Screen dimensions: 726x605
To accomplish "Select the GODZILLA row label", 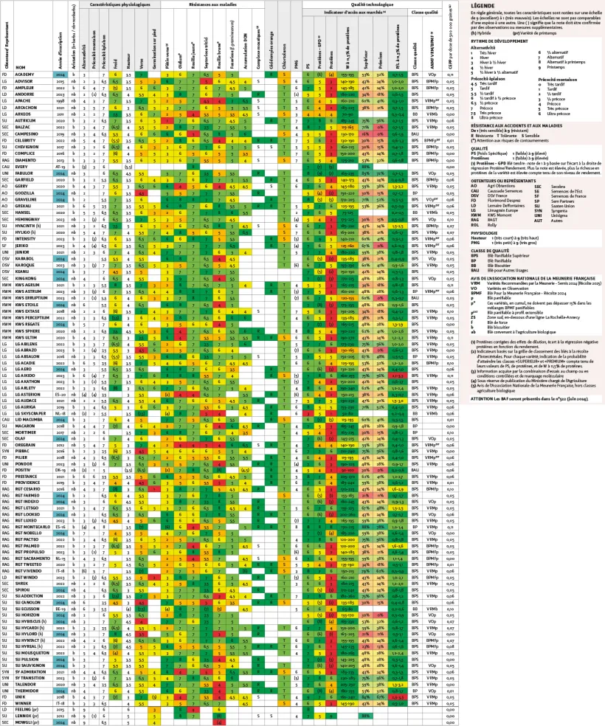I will tap(26, 193).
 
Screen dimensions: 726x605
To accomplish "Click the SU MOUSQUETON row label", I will tap(33, 651).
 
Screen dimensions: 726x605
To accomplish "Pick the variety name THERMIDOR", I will tap(27, 693).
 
